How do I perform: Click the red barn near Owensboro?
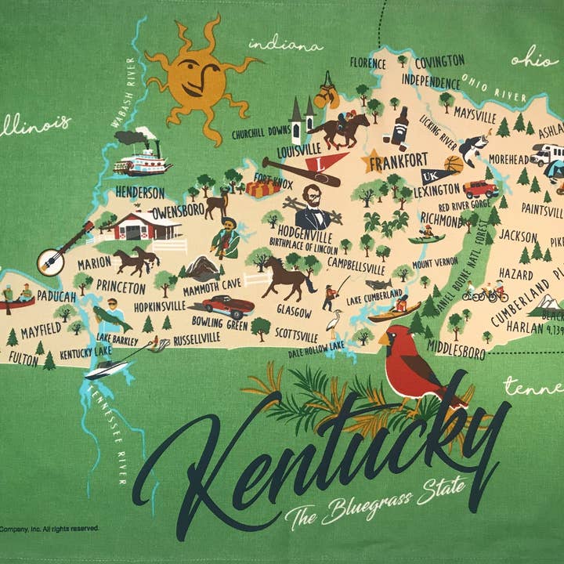point(146,226)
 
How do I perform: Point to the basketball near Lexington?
point(454,165)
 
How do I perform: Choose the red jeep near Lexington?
point(480,189)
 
